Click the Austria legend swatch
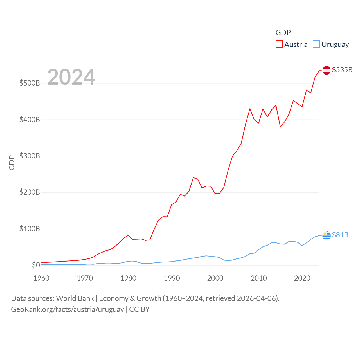coord(279,44)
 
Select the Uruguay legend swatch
coord(316,44)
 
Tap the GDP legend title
coord(283,33)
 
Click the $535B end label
coord(342,70)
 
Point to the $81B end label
coord(340,235)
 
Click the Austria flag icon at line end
coord(326,70)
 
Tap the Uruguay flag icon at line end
coord(326,235)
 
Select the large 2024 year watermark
coord(71,77)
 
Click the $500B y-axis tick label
coord(30,83)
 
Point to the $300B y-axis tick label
coord(30,156)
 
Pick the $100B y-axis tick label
coord(30,229)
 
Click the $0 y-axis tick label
coord(36,265)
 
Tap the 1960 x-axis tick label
coord(41,278)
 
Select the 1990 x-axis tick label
coord(172,278)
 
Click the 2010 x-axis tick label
coord(259,278)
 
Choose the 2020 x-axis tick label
coord(302,278)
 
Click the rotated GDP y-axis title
coord(12,163)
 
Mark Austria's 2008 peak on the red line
coord(250,109)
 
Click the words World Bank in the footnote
coord(75,298)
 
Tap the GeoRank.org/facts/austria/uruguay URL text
coord(67,309)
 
